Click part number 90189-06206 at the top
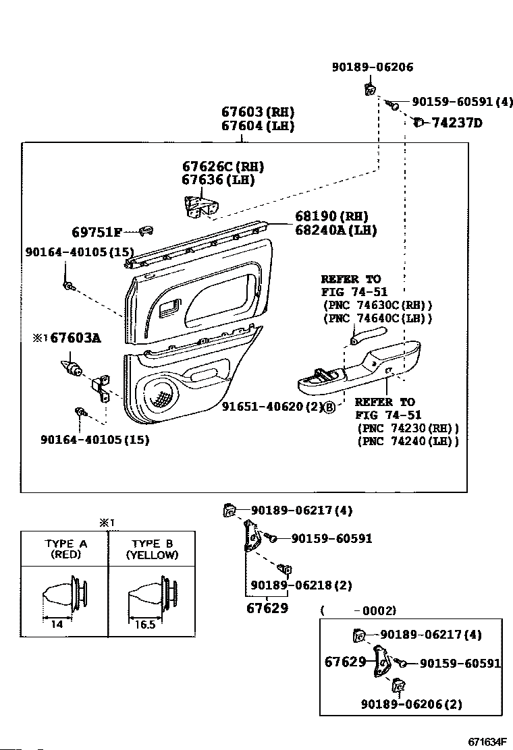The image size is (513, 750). click(x=373, y=67)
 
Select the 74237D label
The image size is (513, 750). click(x=457, y=123)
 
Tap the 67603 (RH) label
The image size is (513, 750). click(x=257, y=112)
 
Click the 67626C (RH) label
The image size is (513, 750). click(x=223, y=167)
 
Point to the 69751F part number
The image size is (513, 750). click(x=97, y=233)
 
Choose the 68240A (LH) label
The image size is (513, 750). click(x=336, y=230)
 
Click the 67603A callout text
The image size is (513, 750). click(x=76, y=338)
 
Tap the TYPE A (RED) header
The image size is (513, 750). click(x=65, y=549)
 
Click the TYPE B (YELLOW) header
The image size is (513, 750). click(x=152, y=549)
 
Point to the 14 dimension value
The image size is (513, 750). click(x=57, y=624)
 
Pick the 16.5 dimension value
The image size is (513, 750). click(x=146, y=624)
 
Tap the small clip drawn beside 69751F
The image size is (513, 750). click(x=146, y=231)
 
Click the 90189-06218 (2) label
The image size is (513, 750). click(x=302, y=585)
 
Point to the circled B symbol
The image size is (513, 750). click(x=329, y=407)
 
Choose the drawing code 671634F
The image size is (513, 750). click(x=487, y=741)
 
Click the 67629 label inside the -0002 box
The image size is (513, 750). click(x=345, y=662)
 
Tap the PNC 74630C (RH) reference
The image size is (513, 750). click(x=377, y=305)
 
